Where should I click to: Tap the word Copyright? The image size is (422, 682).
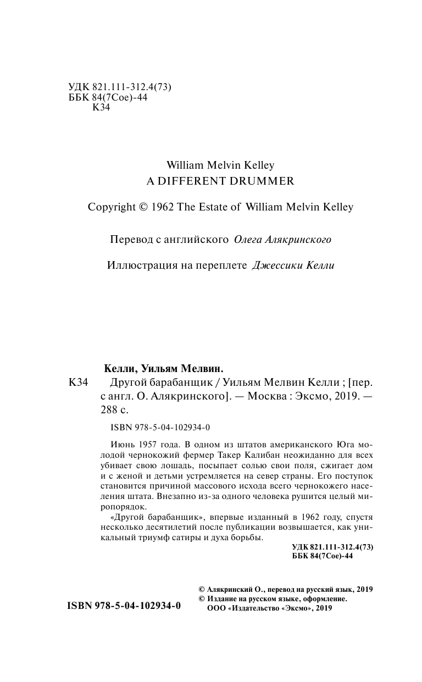click(x=111, y=207)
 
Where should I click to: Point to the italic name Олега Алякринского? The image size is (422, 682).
click(x=283, y=240)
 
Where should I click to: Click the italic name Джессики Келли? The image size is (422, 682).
click(x=292, y=265)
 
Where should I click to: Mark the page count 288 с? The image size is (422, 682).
click(x=115, y=409)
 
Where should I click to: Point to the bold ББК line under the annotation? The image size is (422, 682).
click(x=324, y=556)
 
